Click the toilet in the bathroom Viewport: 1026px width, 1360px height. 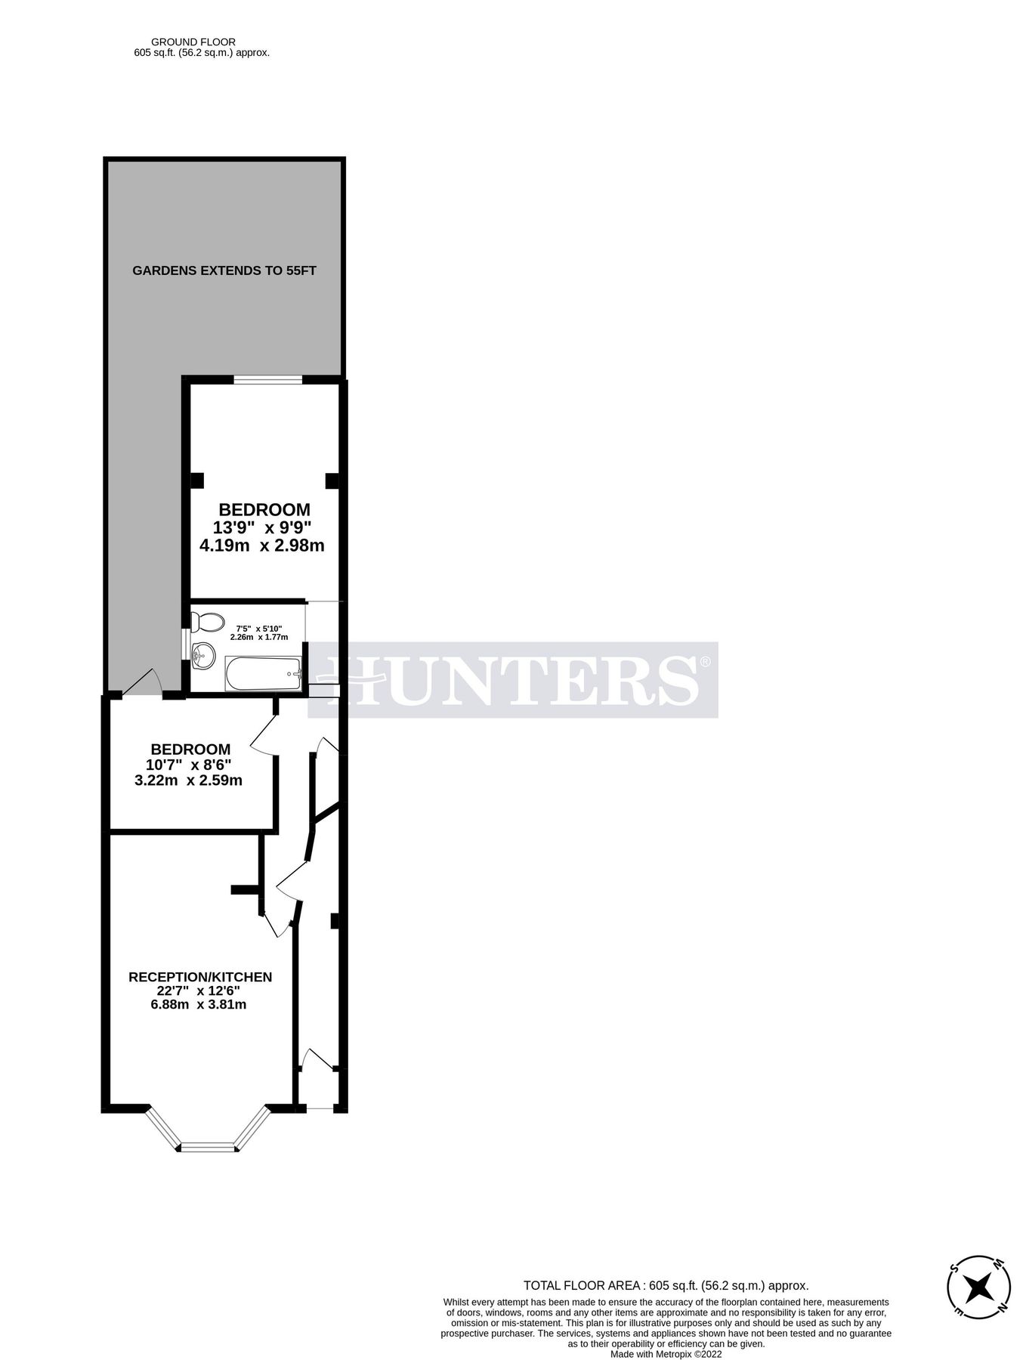206,623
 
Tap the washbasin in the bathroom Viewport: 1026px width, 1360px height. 202,654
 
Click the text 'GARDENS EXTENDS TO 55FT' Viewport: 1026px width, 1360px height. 224,270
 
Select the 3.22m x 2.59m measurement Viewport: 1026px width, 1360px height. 188,780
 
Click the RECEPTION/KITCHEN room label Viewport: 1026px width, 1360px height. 200,977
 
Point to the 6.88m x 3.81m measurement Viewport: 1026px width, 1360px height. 199,1004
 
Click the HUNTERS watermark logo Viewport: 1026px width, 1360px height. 514,679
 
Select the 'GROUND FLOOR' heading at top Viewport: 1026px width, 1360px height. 193,42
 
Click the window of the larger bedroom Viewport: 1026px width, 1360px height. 267,379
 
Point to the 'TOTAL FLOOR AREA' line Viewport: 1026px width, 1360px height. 666,1285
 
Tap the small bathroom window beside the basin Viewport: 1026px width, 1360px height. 186,644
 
